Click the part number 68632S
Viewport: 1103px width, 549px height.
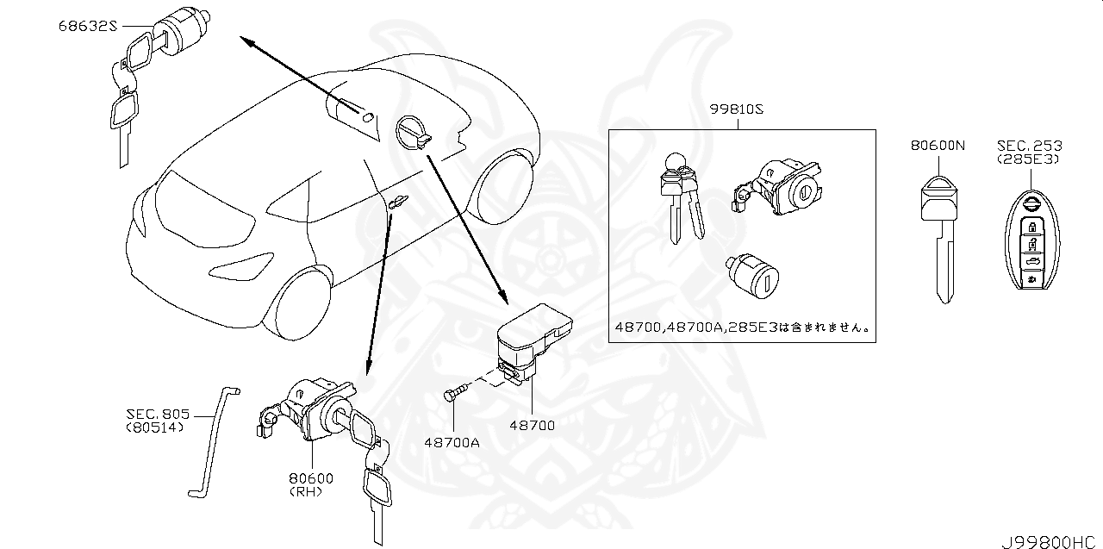coord(87,27)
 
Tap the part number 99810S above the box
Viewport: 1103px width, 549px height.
coord(738,109)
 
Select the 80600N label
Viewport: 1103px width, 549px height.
coord(937,146)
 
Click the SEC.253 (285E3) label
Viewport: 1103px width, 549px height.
coord(1029,153)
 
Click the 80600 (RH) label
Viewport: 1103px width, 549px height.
coord(312,484)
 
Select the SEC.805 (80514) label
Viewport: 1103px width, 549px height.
coord(155,420)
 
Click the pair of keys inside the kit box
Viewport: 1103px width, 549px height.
coord(681,199)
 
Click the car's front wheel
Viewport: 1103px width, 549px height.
coord(302,303)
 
